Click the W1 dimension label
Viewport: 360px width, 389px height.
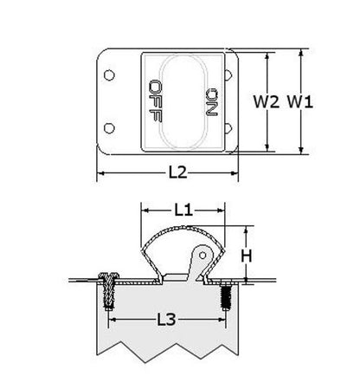coord(300,101)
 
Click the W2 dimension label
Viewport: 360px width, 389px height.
coord(267,101)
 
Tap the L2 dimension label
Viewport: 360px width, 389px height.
coord(177,172)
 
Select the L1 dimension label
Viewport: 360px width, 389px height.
coord(183,211)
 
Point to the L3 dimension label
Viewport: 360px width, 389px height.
coord(166,320)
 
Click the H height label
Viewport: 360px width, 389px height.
coord(247,256)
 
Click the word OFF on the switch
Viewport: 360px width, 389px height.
coord(155,100)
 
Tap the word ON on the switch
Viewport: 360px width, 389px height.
coord(211,102)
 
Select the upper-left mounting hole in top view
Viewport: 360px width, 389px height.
coord(109,75)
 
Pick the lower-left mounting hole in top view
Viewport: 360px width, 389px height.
coord(109,128)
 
